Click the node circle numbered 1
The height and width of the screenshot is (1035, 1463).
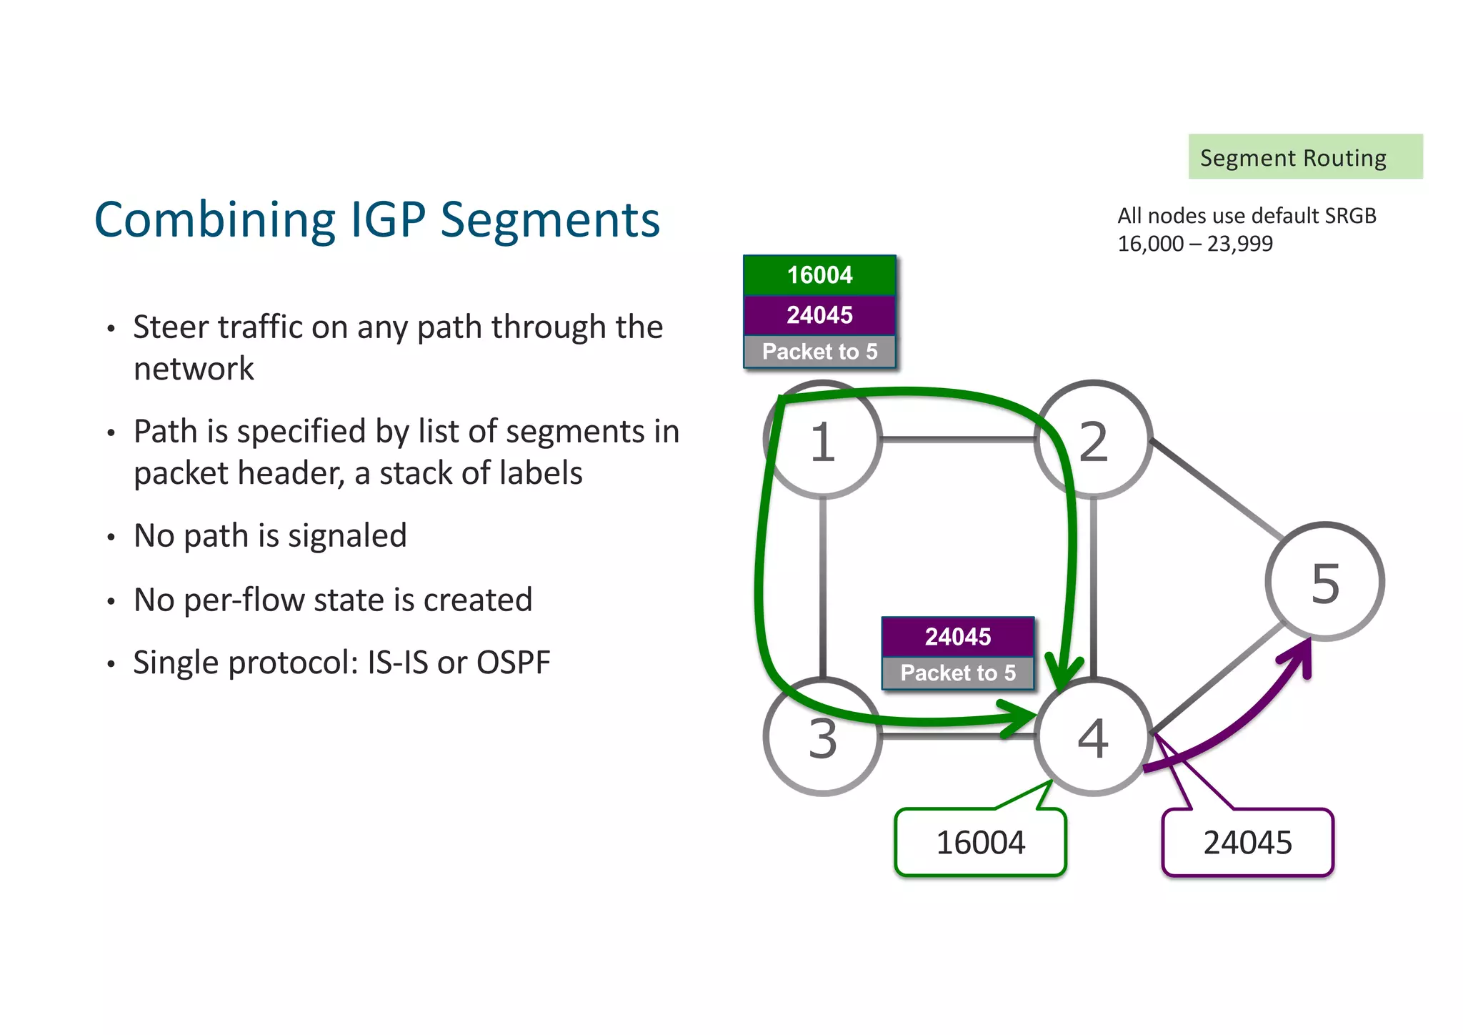tap(822, 440)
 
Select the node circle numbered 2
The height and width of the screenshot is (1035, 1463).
tap(1093, 440)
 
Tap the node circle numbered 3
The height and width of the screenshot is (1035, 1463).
tap(822, 737)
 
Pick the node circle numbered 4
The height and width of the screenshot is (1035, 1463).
tap(1093, 737)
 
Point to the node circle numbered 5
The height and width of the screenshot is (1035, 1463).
tap(1325, 582)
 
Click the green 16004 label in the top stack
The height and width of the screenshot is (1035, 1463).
tap(819, 275)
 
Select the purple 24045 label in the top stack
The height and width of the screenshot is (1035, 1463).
tap(819, 315)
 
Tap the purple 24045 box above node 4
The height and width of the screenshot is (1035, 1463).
tap(957, 636)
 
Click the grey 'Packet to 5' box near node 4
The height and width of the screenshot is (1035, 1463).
tap(957, 673)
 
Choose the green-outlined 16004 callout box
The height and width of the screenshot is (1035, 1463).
tap(980, 842)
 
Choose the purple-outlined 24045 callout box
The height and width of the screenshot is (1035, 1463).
tap(1247, 842)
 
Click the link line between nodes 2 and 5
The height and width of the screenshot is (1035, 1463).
tap(1218, 490)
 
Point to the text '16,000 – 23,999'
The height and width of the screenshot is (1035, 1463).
tap(1194, 244)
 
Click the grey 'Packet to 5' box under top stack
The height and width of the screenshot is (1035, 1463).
tap(819, 352)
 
